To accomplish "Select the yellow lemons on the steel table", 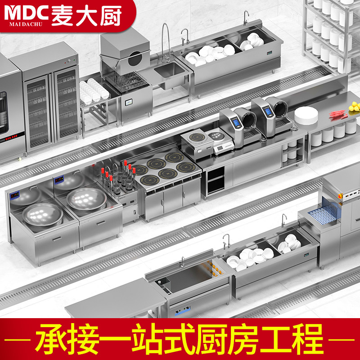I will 355,107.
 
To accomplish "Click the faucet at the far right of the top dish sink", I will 246,17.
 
